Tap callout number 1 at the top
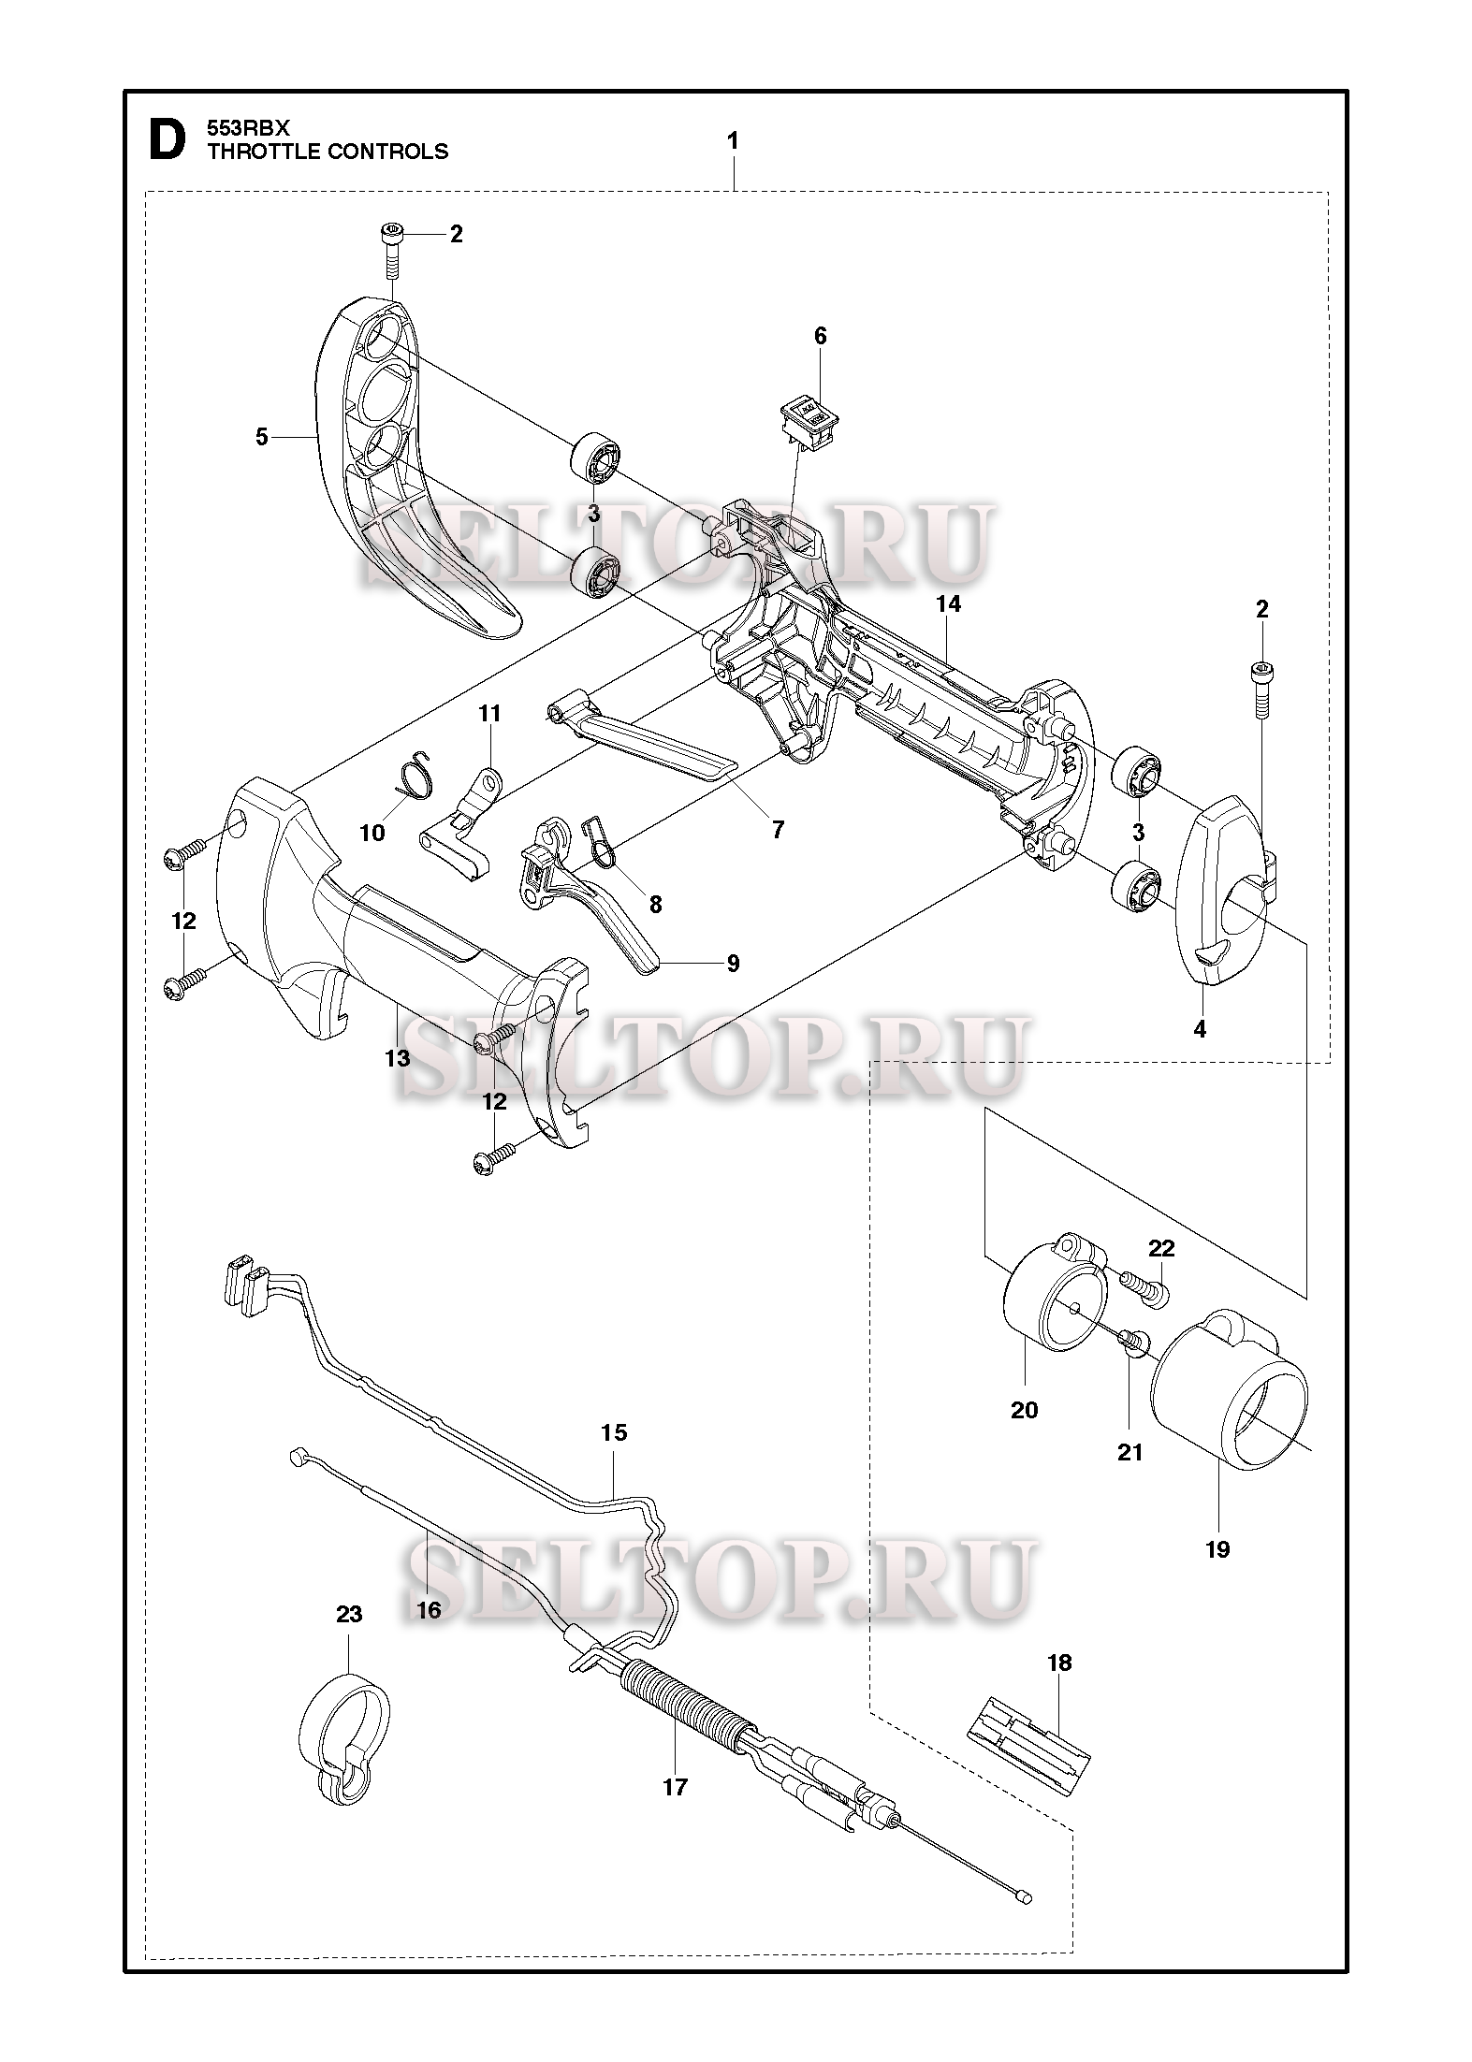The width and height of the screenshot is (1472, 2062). [733, 141]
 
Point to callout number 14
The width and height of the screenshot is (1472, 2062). [948, 604]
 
